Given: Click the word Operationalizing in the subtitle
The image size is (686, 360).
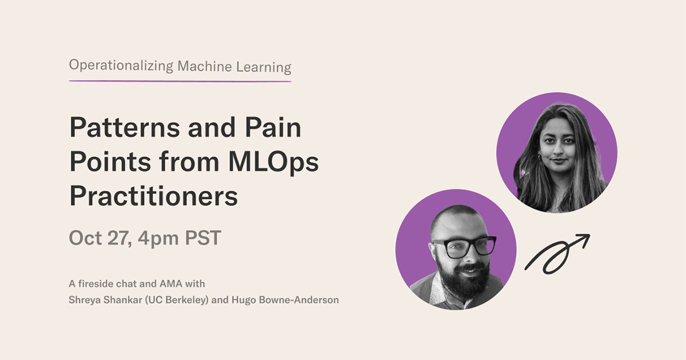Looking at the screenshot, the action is click(121, 66).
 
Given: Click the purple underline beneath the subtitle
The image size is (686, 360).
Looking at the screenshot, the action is click(180, 81).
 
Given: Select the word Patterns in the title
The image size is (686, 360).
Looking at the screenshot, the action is click(125, 127).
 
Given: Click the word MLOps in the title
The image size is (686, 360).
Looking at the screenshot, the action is click(273, 162).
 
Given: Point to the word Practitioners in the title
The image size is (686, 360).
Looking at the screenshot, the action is click(154, 196).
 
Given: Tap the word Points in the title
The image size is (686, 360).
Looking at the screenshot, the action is click(110, 162).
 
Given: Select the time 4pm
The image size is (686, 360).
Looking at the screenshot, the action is click(158, 238).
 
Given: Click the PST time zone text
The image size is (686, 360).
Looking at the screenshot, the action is click(203, 238).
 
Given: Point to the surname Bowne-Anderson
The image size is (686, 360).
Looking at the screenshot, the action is click(298, 299).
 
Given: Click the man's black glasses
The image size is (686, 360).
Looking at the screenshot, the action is click(465, 247).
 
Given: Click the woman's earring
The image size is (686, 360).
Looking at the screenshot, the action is click(540, 156).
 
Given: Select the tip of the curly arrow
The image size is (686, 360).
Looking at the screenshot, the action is click(589, 235).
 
